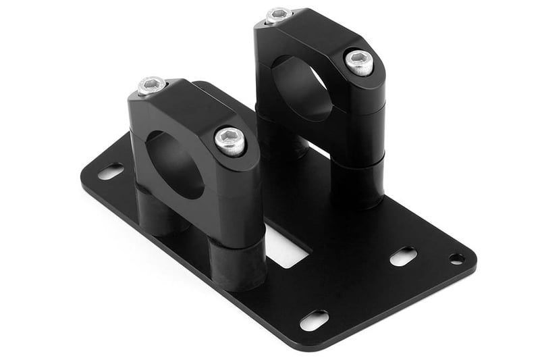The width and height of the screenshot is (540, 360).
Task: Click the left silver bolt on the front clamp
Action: pyautogui.click(x=152, y=86)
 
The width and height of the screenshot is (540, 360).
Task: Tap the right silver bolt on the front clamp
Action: pyautogui.click(x=230, y=140)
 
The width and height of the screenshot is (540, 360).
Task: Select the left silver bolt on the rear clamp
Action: pyautogui.click(x=278, y=16)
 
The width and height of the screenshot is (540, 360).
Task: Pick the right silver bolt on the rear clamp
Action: pyautogui.click(x=359, y=62)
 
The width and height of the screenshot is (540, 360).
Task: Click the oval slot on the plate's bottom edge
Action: pyautogui.click(x=314, y=320)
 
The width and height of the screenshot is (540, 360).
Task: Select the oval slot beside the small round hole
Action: pyautogui.click(x=404, y=256)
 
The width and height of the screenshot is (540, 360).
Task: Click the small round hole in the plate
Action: pyautogui.click(x=457, y=259)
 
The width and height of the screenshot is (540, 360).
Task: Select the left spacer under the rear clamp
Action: pyautogui.click(x=278, y=138)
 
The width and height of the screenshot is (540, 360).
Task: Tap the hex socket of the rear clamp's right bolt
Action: pyautogui.click(x=359, y=61)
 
